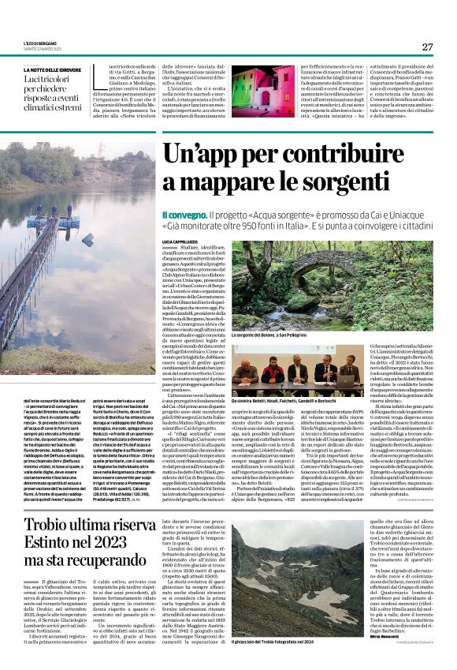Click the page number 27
click(427, 47)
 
